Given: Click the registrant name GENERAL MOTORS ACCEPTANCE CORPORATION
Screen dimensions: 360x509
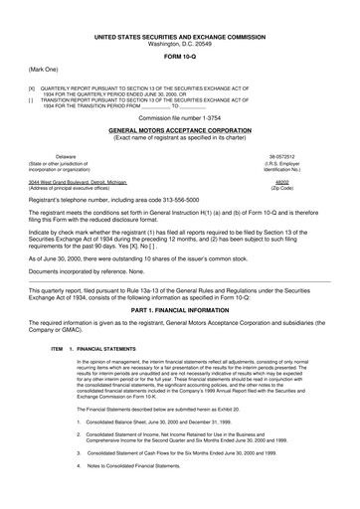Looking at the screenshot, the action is (180, 130).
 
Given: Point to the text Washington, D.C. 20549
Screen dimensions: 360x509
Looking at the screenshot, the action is (180, 45).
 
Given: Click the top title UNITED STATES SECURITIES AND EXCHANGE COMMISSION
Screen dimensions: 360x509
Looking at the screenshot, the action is (180, 36).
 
